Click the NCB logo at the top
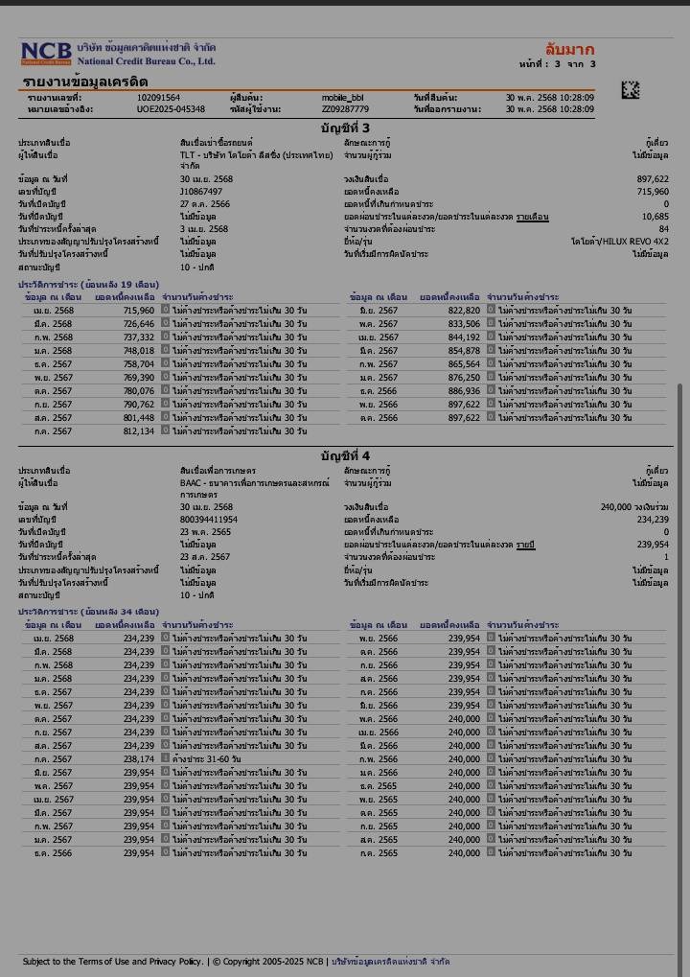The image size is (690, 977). [x=46, y=53]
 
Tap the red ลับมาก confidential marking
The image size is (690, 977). [x=569, y=50]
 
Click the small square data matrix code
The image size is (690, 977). [x=630, y=90]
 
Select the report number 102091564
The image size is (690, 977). [x=158, y=98]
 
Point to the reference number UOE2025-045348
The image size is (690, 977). [x=171, y=109]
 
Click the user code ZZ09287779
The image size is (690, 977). [x=345, y=109]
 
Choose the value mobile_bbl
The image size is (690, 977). [x=342, y=98]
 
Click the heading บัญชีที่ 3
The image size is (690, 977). [x=345, y=128]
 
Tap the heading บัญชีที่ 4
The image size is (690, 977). [x=345, y=455]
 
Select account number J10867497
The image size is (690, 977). [x=199, y=192]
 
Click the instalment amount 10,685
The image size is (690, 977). [x=655, y=217]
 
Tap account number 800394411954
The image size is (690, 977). [x=209, y=520]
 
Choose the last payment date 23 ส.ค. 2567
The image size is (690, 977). [x=205, y=557]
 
